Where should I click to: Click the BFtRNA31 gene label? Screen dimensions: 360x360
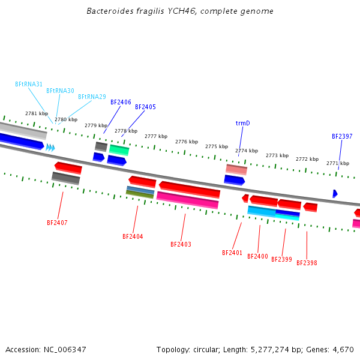pyautogui.click(x=29, y=84)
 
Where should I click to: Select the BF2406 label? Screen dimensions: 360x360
pyautogui.click(x=121, y=102)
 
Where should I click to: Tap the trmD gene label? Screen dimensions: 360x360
pyautogui.click(x=242, y=123)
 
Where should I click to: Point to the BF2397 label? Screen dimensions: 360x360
pyautogui.click(x=342, y=136)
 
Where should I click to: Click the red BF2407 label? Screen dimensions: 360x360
pyautogui.click(x=57, y=223)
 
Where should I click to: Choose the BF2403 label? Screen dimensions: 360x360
pyautogui.click(x=181, y=244)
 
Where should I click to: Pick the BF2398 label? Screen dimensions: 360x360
pyautogui.click(x=307, y=263)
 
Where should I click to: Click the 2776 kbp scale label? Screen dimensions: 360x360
pyautogui.click(x=187, y=142)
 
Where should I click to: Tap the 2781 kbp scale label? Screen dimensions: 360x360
pyautogui.click(x=37, y=113)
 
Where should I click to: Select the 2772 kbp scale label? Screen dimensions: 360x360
pyautogui.click(x=307, y=159)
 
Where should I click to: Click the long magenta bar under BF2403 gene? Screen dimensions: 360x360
pyautogui.click(x=187, y=200)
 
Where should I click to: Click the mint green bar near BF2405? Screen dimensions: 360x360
pyautogui.click(x=119, y=150)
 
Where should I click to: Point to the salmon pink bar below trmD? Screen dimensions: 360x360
pyautogui.click(x=236, y=170)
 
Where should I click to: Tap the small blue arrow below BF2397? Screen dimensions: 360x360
pyautogui.click(x=335, y=194)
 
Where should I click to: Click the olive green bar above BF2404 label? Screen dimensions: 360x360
pyautogui.click(x=140, y=194)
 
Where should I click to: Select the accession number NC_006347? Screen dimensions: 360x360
pyautogui.click(x=65, y=350)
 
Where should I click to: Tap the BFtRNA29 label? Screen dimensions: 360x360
pyautogui.click(x=92, y=97)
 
